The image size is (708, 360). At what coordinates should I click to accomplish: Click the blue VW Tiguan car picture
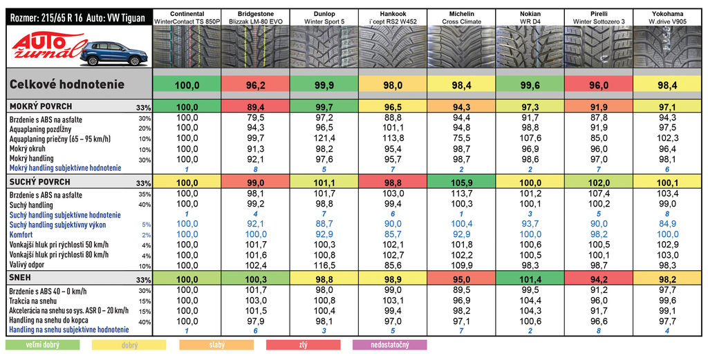(x=113, y=53)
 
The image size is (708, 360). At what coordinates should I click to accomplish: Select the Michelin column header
(x=461, y=17)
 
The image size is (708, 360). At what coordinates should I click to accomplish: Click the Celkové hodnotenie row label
(x=67, y=84)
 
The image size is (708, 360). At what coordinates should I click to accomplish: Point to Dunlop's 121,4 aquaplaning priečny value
(x=324, y=139)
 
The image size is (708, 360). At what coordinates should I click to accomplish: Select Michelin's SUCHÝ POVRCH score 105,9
(x=461, y=183)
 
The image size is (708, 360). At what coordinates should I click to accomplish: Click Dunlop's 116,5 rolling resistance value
(x=324, y=265)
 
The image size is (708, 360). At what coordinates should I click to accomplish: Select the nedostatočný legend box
(x=389, y=345)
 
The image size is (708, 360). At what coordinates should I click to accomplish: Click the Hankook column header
(x=393, y=17)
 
